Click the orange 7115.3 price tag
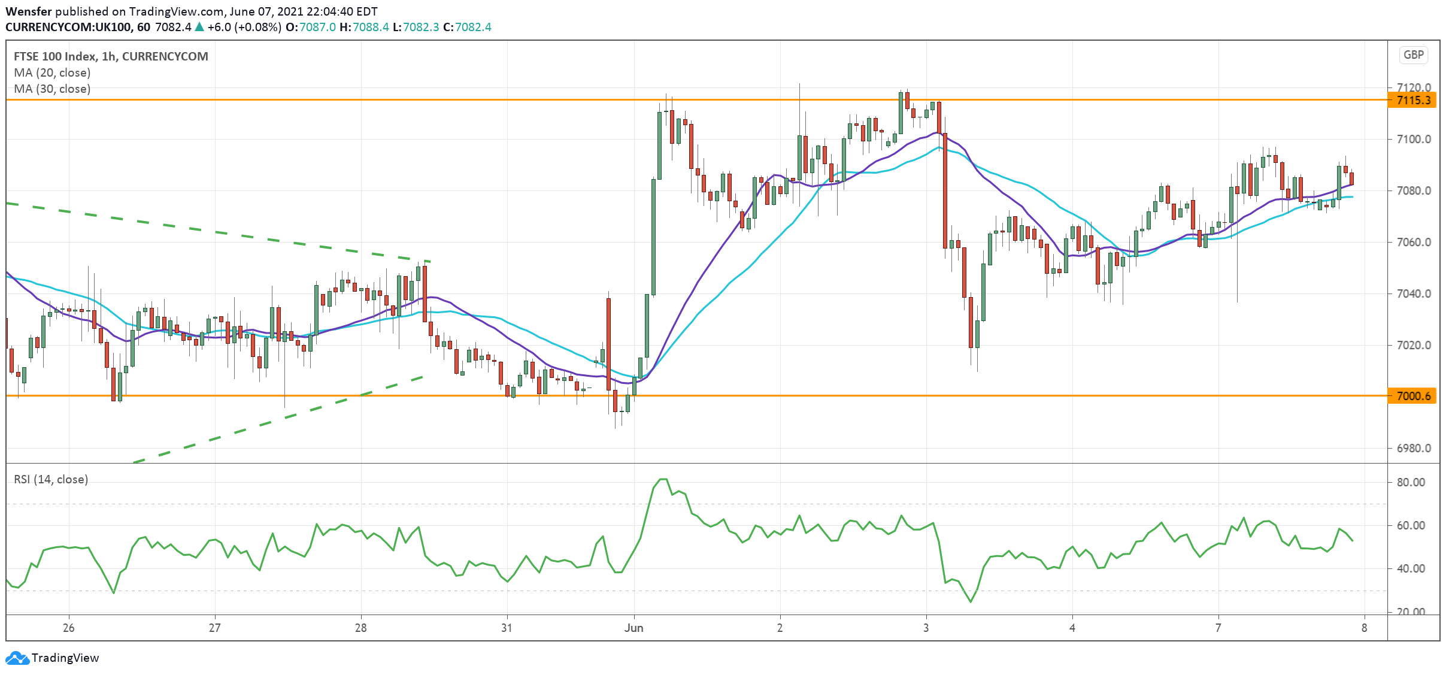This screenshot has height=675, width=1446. [1412, 100]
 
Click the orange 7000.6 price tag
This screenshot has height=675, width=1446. [1412, 396]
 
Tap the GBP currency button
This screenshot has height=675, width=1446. [1413, 55]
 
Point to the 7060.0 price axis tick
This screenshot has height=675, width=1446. [1413, 242]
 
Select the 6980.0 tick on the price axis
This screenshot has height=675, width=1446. [1413, 448]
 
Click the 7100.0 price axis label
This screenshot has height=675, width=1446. [1413, 139]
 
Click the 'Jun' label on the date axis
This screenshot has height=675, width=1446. [633, 628]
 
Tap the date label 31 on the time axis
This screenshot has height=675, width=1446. [507, 628]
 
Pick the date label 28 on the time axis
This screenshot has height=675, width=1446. [360, 628]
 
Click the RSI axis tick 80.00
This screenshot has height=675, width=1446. [1411, 482]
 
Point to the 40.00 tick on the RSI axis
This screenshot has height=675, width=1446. [1411, 568]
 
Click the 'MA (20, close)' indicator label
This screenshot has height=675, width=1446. [52, 72]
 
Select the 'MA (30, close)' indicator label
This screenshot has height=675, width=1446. [52, 89]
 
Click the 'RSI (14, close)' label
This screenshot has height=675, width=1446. [51, 479]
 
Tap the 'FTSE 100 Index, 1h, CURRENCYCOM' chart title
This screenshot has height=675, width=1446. [111, 56]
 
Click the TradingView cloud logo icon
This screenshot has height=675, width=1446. [17, 658]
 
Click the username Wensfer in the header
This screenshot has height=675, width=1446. [28, 11]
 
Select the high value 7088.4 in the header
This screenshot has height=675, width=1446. [371, 27]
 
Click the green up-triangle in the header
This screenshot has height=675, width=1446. [199, 27]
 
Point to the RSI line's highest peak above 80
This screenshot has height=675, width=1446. [663, 479]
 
